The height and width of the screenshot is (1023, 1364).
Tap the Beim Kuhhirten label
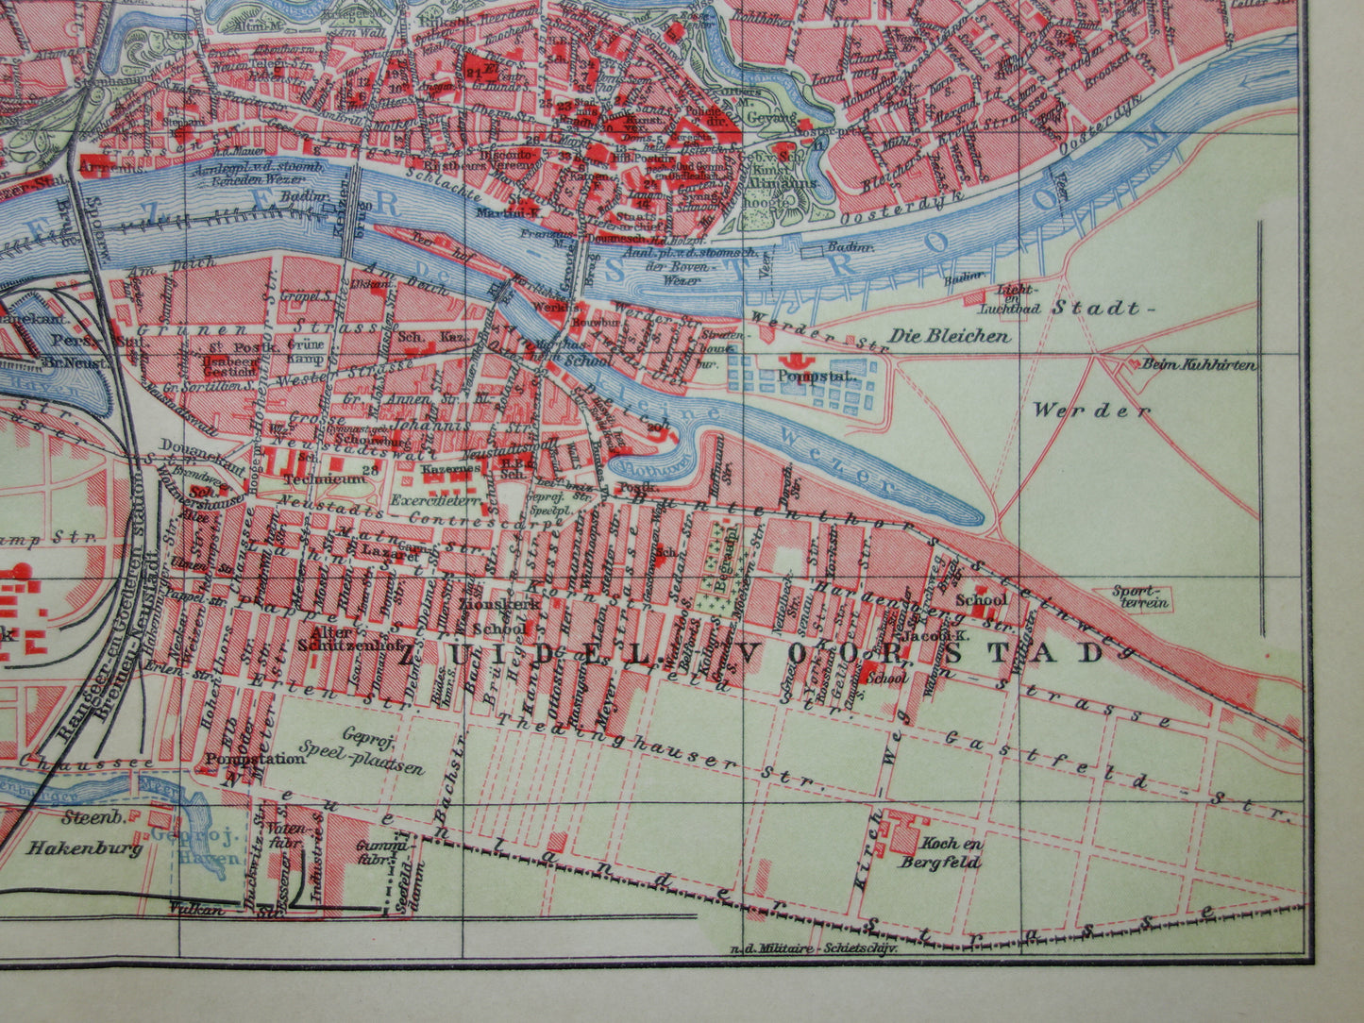(x=1199, y=364)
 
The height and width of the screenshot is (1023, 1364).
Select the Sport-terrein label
(x=1139, y=596)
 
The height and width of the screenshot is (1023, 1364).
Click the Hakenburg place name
(x=84, y=847)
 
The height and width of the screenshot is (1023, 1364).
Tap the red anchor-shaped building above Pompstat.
(x=791, y=360)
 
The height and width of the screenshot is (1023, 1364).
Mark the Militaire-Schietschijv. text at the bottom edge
(x=813, y=948)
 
